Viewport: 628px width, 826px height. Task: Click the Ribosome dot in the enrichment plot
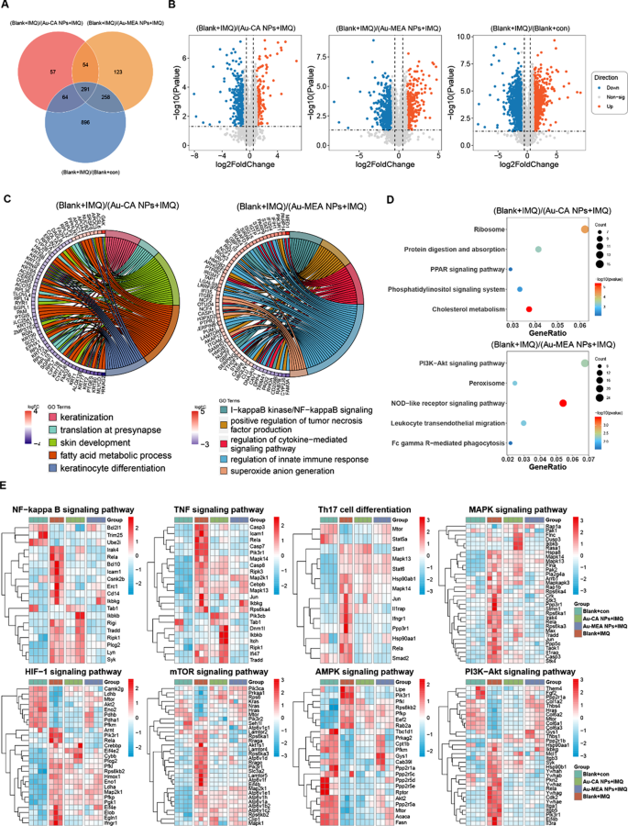pyautogui.click(x=584, y=229)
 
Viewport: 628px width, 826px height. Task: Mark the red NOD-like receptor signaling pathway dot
pyautogui.click(x=562, y=403)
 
